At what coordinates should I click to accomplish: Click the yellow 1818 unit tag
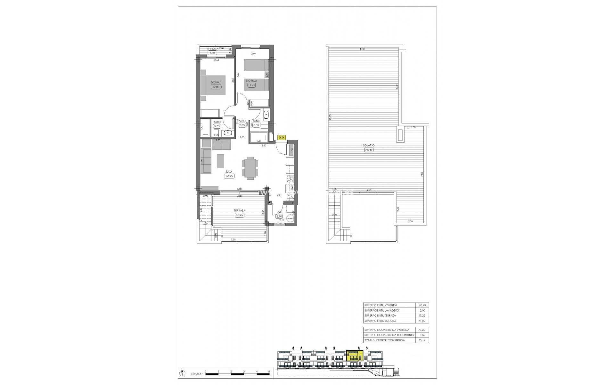[281, 138]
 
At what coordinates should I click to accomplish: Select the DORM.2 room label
[251, 81]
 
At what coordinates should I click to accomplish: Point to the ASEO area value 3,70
[217, 126]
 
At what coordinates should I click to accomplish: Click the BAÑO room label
[256, 121]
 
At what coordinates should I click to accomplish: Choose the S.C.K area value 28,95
[229, 176]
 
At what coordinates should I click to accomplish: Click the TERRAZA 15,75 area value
[239, 215]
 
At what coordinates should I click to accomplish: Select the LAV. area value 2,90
[279, 217]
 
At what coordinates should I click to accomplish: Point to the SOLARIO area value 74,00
[369, 150]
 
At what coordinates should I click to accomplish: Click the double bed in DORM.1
[213, 85]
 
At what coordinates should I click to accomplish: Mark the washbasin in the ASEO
[228, 133]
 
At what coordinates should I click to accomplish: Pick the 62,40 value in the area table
[422, 305]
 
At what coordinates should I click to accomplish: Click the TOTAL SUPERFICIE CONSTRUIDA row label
[384, 340]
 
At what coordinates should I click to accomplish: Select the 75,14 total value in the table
[422, 340]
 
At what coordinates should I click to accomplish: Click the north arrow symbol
[182, 373]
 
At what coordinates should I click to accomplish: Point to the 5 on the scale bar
[269, 372]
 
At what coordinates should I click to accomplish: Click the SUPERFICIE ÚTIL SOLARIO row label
[380, 321]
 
